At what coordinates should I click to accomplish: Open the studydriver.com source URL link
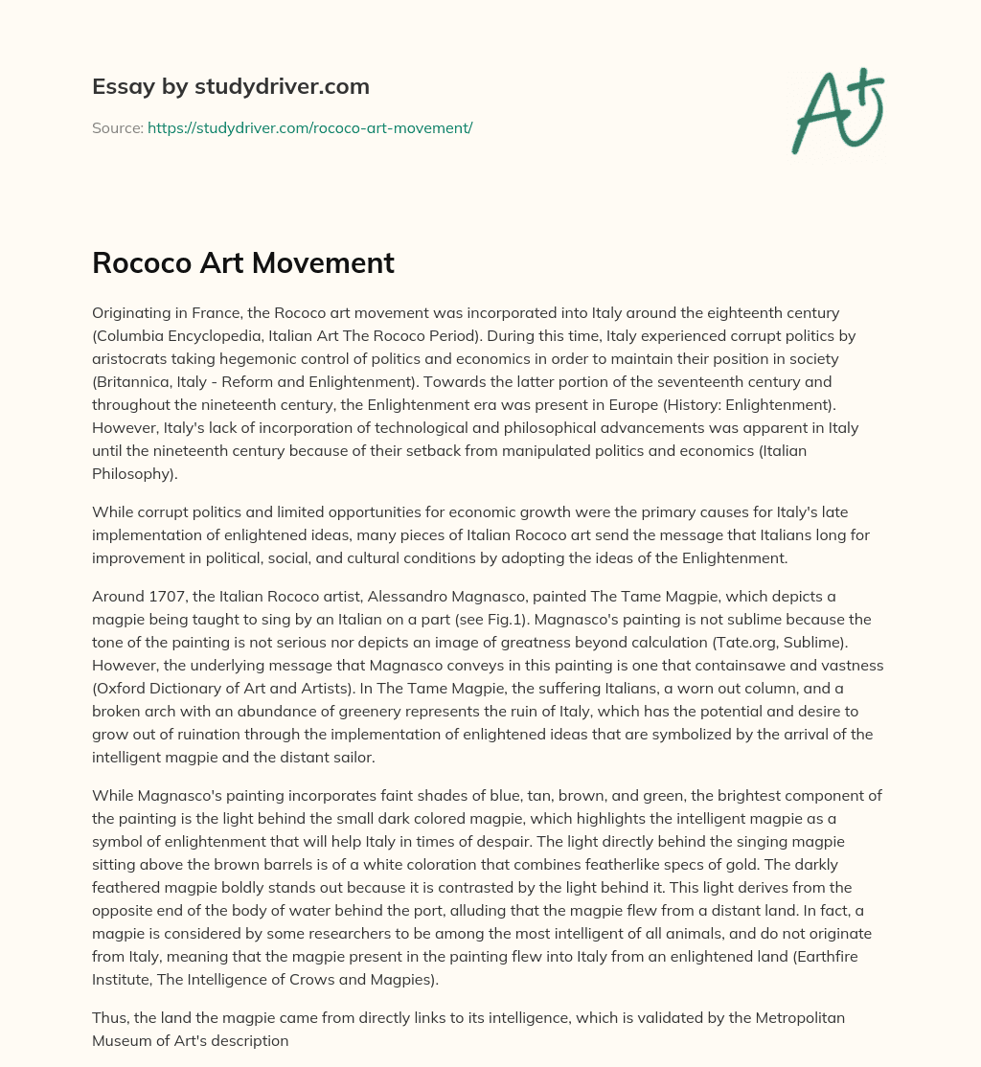[309, 127]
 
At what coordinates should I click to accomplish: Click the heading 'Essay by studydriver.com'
[231, 86]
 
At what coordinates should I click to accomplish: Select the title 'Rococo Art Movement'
[243, 263]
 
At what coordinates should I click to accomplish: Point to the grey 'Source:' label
[117, 127]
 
